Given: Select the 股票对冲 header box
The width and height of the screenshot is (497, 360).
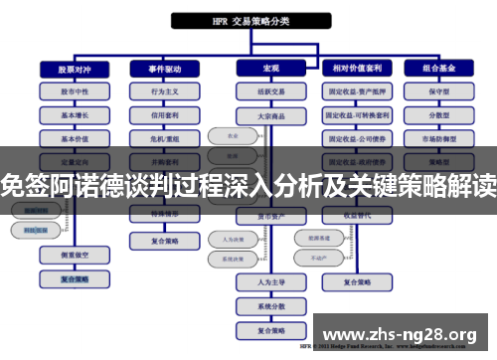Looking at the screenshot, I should click(67, 69).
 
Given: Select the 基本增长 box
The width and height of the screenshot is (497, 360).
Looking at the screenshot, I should click(67, 114).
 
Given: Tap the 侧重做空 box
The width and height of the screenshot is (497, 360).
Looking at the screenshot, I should click(67, 255).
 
